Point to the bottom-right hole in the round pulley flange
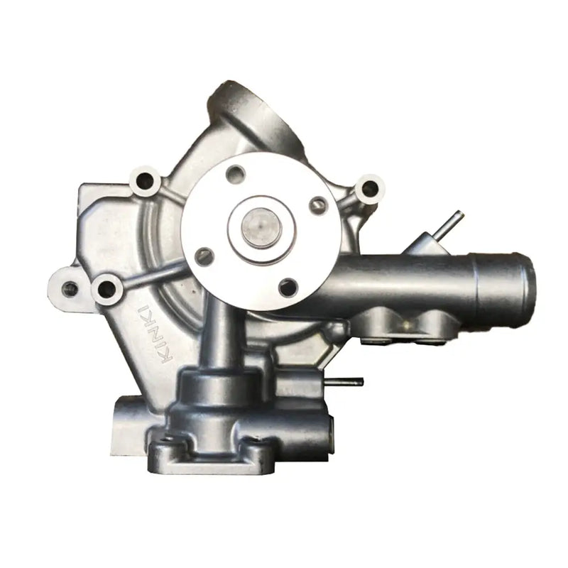click(x=287, y=287)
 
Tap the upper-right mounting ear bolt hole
click(x=368, y=188)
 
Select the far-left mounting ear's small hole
click(x=70, y=288)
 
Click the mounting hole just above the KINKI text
click(x=107, y=288)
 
